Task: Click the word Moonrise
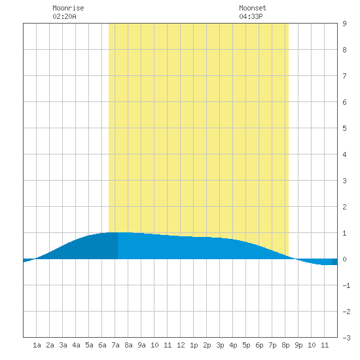(68, 8)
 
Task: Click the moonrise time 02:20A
(64, 16)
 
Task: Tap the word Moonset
(253, 8)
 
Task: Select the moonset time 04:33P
(251, 16)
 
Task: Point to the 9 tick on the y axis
(344, 24)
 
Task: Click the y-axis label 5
(344, 128)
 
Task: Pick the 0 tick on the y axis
(344, 259)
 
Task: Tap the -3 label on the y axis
(346, 338)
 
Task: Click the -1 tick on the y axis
(346, 285)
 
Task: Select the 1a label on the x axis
(37, 345)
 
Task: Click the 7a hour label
(115, 345)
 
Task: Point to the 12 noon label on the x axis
(181, 345)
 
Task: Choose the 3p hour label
(220, 345)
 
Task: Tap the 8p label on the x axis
(285, 345)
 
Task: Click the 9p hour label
(298, 345)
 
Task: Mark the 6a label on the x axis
(102, 345)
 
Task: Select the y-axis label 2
(344, 207)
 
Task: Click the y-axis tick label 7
(344, 76)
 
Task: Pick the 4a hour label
(76, 345)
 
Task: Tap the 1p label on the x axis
(194, 345)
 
